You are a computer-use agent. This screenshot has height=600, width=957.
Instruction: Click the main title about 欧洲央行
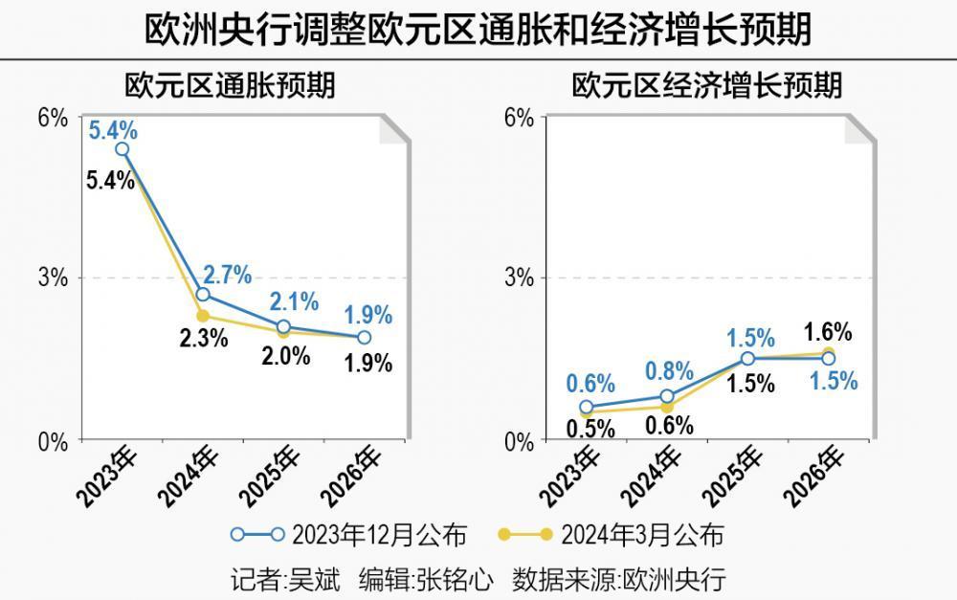tap(478, 29)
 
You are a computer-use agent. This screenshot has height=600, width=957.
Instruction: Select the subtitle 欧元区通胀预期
tap(230, 86)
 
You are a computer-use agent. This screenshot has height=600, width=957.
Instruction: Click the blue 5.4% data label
tap(113, 128)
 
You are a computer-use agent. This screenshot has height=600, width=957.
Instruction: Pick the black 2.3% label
tap(203, 337)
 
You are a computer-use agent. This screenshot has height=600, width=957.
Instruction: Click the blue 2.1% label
tap(294, 302)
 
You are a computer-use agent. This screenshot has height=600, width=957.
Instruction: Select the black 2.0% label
tap(285, 356)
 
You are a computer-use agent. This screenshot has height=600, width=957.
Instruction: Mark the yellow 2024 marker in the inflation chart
tap(202, 316)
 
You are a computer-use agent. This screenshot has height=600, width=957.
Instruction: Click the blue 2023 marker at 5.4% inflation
tap(122, 149)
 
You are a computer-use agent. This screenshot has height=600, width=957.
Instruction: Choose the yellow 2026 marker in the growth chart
tap(828, 352)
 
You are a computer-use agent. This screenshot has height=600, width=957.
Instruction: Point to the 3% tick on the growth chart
tap(519, 278)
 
